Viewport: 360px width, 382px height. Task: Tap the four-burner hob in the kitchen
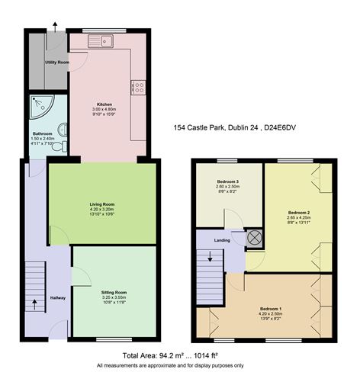pyautogui.click(x=140, y=88)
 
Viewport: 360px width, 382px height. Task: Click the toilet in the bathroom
pyautogui.click(x=60, y=145)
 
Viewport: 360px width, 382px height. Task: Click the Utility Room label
pyautogui.click(x=57, y=62)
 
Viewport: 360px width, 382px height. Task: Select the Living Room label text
pyautogui.click(x=102, y=204)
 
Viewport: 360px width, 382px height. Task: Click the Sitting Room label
pyautogui.click(x=114, y=292)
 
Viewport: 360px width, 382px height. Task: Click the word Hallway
pyautogui.click(x=58, y=298)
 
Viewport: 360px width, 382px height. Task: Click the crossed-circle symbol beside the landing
pyautogui.click(x=254, y=237)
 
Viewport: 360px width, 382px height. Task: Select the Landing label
pyautogui.click(x=223, y=241)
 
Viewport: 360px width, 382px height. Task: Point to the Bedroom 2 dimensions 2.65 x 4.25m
pyautogui.click(x=298, y=217)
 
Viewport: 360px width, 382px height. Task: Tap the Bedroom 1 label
pyautogui.click(x=270, y=308)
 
